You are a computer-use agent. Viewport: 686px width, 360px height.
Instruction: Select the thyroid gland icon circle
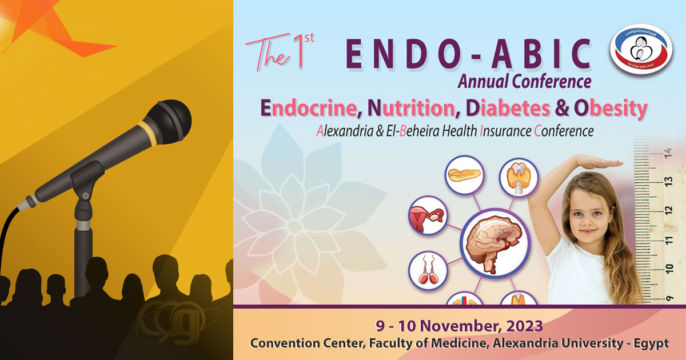(x=519, y=178)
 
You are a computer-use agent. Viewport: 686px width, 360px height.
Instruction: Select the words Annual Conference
(x=524, y=82)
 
